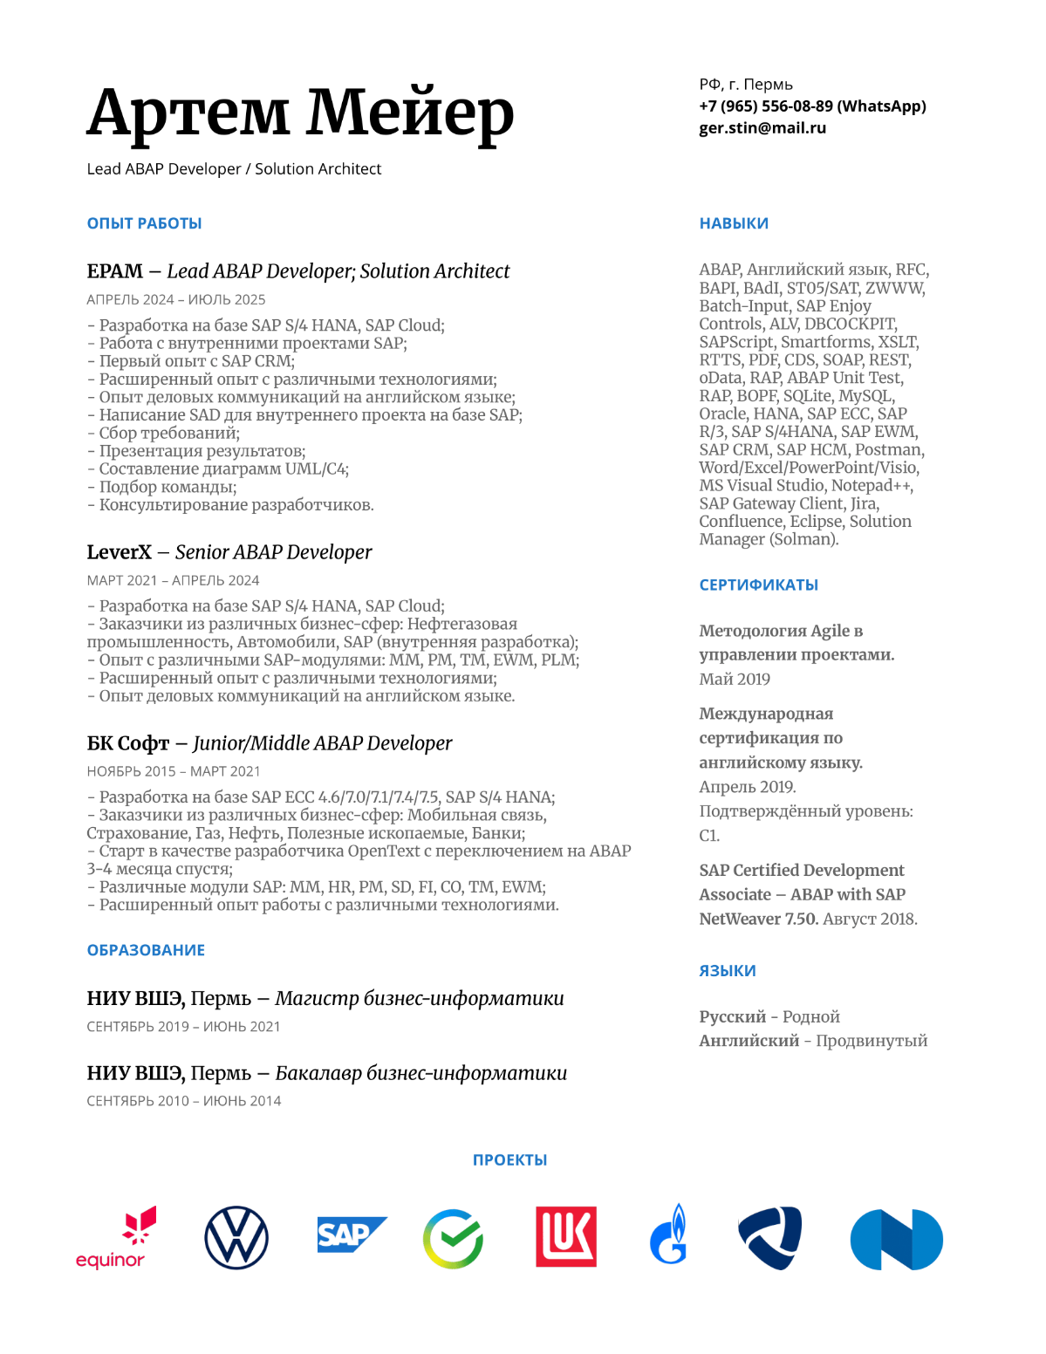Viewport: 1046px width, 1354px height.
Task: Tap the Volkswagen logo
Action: pyautogui.click(x=236, y=1238)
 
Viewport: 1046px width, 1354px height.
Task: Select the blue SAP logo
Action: pyautogui.click(x=350, y=1234)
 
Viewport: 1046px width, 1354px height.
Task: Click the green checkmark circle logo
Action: pyautogui.click(x=453, y=1239)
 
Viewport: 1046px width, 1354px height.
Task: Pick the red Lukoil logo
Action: pyautogui.click(x=566, y=1237)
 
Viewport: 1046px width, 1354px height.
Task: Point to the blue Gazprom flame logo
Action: pyautogui.click(x=669, y=1235)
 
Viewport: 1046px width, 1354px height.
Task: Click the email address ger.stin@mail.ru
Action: pyautogui.click(x=762, y=127)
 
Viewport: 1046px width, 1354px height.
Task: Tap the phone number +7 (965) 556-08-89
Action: pyautogui.click(x=766, y=106)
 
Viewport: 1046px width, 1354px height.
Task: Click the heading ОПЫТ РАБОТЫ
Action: pyautogui.click(x=144, y=223)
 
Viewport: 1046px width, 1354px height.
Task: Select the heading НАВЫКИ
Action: pyautogui.click(x=734, y=223)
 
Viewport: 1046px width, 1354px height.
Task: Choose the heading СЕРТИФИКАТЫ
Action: pyautogui.click(x=758, y=585)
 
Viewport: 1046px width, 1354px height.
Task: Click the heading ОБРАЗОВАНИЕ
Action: pyautogui.click(x=146, y=950)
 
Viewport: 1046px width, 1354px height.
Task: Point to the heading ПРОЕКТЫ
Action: pyautogui.click(x=509, y=1159)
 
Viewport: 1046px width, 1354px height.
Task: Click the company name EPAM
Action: pyautogui.click(x=114, y=271)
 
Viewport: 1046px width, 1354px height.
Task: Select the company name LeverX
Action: pyautogui.click(x=119, y=552)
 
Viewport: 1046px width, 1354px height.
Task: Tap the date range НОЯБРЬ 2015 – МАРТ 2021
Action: pyautogui.click(x=174, y=771)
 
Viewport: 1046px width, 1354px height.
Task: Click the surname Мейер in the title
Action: pyautogui.click(x=409, y=113)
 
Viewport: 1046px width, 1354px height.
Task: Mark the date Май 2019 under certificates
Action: pyautogui.click(x=735, y=679)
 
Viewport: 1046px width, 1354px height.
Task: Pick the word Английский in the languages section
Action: pyautogui.click(x=749, y=1041)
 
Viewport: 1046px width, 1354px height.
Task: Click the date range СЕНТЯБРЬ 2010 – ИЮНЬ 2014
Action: pyautogui.click(x=184, y=1101)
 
